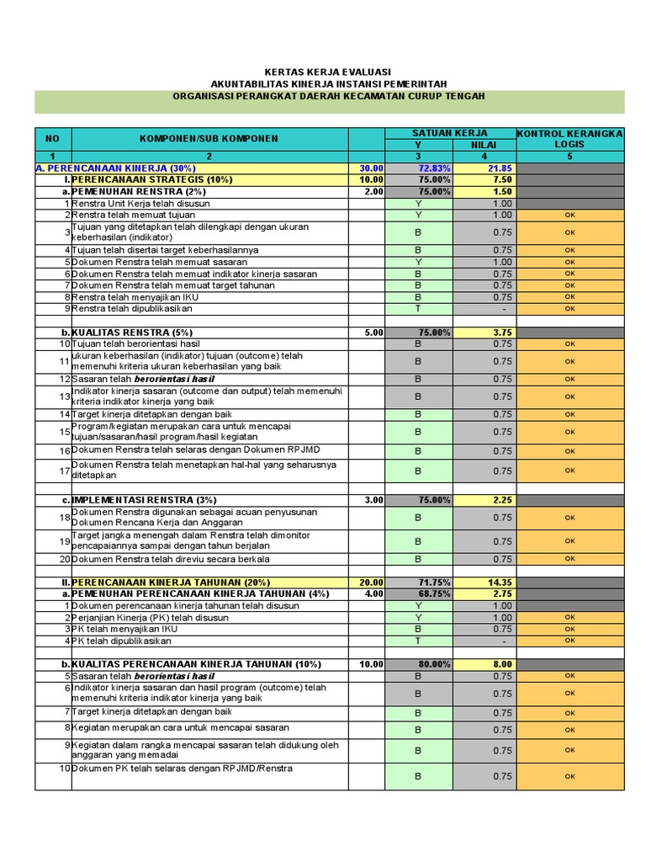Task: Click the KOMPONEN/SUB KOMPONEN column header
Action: tap(209, 138)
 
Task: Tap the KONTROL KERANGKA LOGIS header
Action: tap(569, 139)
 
